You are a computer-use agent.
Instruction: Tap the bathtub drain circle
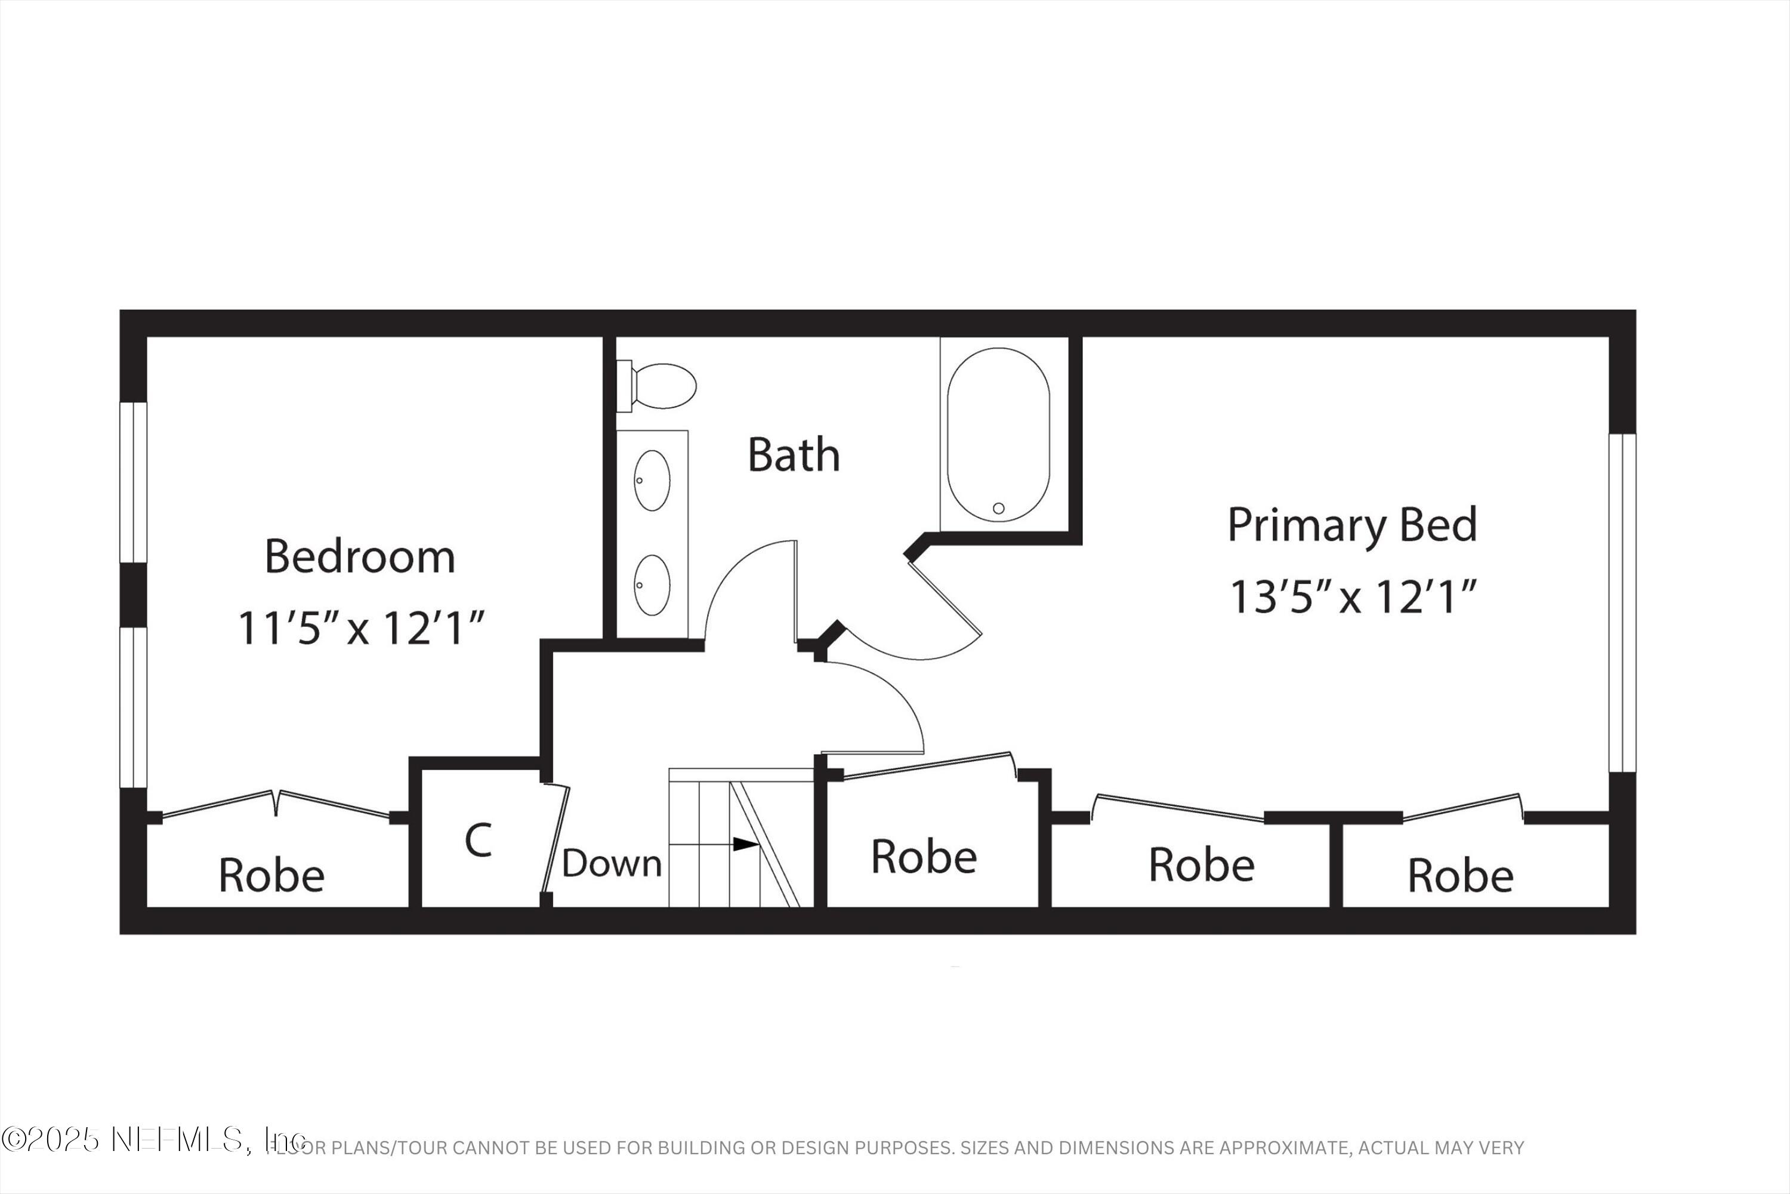point(998,508)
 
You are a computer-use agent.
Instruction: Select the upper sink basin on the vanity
point(652,481)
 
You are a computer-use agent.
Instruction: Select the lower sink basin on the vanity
point(652,585)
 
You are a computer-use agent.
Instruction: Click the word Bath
point(794,456)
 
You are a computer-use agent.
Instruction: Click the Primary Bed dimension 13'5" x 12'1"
point(1353,596)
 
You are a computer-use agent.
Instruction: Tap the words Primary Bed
point(1353,525)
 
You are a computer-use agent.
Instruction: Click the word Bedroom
point(360,556)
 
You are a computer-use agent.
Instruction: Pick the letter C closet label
point(478,841)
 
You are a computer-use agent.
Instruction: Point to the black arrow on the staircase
point(745,844)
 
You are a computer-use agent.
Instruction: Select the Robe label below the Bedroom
point(271,875)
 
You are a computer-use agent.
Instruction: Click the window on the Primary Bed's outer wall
point(1622,603)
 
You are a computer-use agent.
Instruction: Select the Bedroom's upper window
point(133,482)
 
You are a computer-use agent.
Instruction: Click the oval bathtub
point(998,434)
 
